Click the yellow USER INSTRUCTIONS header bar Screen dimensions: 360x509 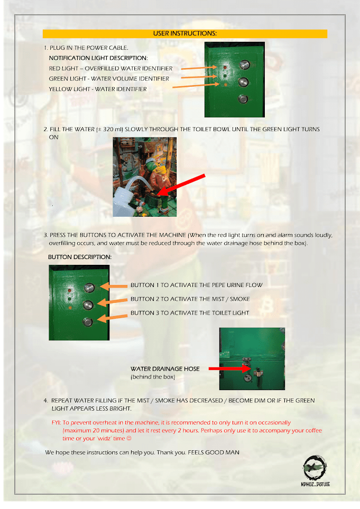(x=184, y=34)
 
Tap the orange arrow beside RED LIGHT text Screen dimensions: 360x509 (x=199, y=68)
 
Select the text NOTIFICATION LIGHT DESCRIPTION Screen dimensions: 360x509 (x=98, y=58)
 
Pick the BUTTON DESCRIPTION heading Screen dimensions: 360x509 (x=80, y=257)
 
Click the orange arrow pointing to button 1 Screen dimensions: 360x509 (x=114, y=286)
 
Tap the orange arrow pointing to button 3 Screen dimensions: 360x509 (x=112, y=318)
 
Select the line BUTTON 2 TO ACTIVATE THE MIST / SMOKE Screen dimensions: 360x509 (x=190, y=299)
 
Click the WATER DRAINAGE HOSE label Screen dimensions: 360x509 (x=165, y=369)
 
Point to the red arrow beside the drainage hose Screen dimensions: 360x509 (x=229, y=368)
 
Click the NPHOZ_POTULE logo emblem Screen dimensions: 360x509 (x=315, y=468)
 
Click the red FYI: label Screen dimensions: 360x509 (x=56, y=423)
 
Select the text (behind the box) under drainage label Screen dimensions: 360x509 (x=153, y=377)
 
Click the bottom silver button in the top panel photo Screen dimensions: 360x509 (x=243, y=98)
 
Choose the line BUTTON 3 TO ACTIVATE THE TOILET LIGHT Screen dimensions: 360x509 (x=190, y=313)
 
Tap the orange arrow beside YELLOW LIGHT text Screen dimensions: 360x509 (x=196, y=86)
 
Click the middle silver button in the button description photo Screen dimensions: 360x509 (x=88, y=305)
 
